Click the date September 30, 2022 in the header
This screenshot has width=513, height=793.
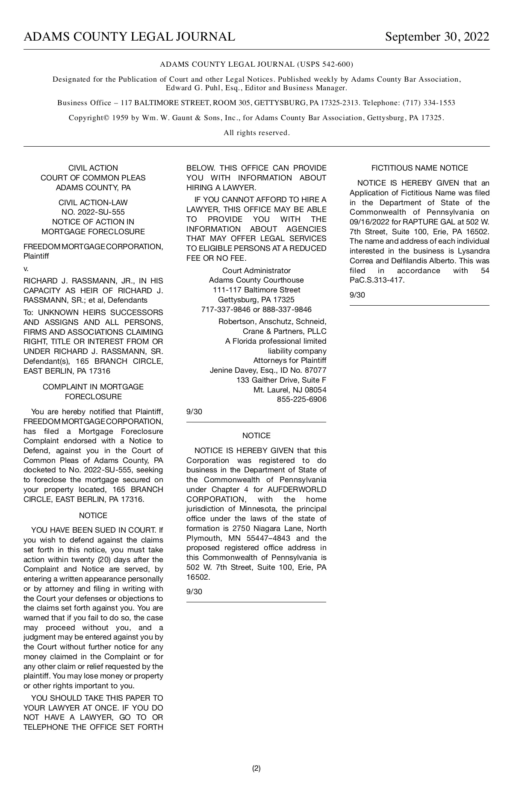click(437, 37)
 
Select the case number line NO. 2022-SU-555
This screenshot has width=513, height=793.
click(93, 212)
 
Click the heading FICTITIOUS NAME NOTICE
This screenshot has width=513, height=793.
click(419, 168)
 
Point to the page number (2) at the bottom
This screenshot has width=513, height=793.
click(256, 768)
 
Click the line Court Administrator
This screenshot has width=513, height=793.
click(256, 271)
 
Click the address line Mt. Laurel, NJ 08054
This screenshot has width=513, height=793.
click(290, 390)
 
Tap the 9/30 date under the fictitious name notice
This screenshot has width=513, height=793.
click(357, 295)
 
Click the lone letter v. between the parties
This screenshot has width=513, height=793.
click(26, 268)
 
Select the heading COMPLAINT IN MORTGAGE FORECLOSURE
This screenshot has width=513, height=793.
click(93, 392)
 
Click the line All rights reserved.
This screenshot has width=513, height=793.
click(256, 133)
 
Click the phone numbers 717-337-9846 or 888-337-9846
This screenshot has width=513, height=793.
click(256, 310)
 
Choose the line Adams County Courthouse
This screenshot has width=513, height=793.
click(256, 280)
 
